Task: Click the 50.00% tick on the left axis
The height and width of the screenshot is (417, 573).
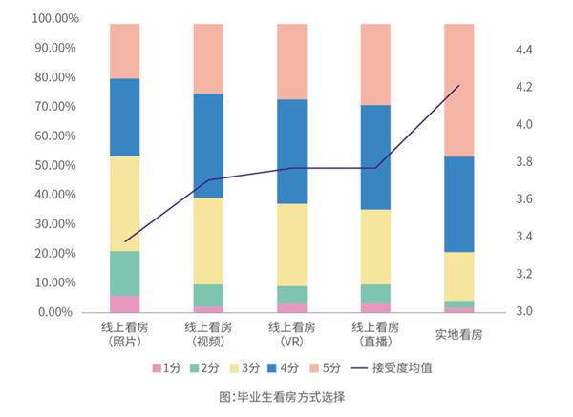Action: click(38, 165)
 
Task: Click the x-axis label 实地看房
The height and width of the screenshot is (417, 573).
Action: click(459, 334)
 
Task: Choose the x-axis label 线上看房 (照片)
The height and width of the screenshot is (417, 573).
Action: click(124, 334)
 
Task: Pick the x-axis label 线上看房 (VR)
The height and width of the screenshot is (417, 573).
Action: click(292, 334)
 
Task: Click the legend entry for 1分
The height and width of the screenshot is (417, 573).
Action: click(161, 367)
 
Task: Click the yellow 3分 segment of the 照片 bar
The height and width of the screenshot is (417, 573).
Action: click(124, 203)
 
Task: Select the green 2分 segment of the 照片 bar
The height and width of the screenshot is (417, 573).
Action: click(124, 273)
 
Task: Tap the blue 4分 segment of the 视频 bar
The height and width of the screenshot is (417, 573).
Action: click(208, 145)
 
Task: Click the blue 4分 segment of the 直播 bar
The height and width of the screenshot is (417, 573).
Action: click(375, 156)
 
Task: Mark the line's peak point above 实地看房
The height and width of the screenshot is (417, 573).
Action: click(459, 86)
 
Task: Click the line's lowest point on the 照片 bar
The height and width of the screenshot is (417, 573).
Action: click(125, 241)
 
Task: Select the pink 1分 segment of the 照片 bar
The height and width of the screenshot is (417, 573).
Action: click(124, 303)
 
